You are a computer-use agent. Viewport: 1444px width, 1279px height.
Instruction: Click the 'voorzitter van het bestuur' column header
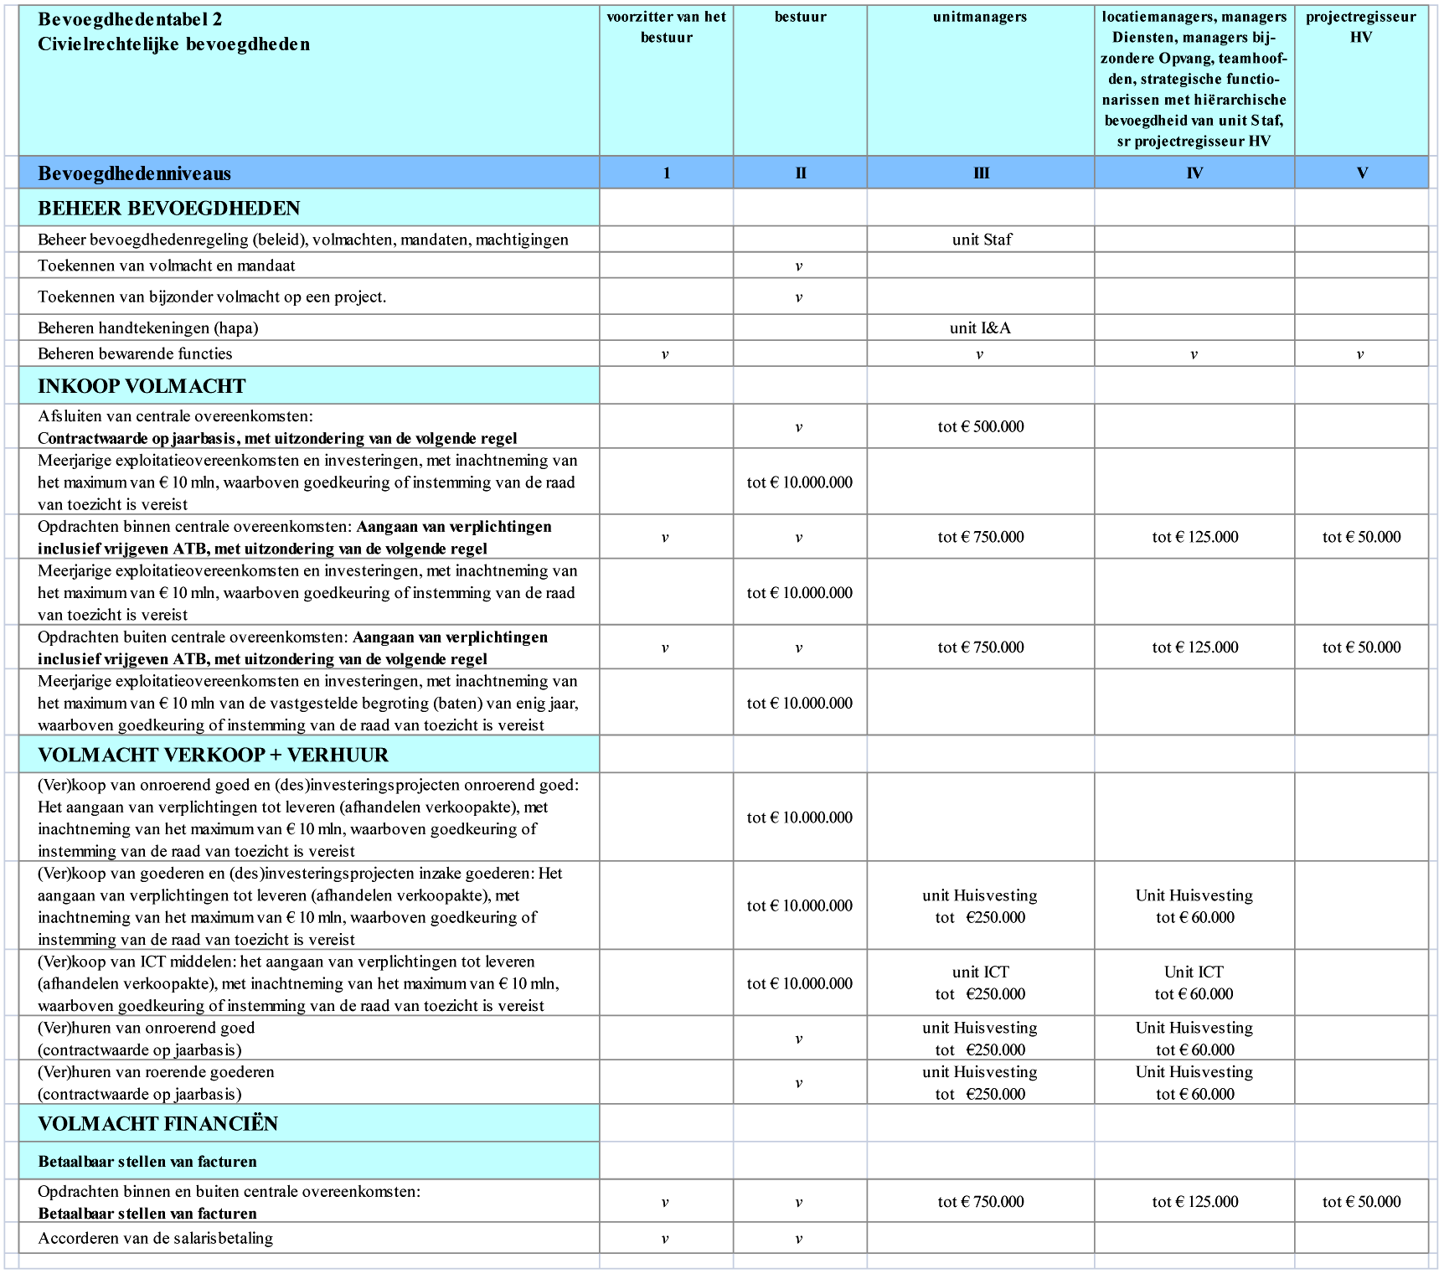pyautogui.click(x=666, y=27)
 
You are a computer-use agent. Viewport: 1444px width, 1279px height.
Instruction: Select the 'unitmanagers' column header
pyautogui.click(x=979, y=17)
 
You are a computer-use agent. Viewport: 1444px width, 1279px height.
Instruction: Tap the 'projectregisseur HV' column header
pyautogui.click(x=1360, y=27)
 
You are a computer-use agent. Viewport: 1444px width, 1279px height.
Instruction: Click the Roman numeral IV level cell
pyautogui.click(x=1194, y=173)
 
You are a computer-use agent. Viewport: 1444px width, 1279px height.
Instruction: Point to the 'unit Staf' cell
pyautogui.click(x=981, y=240)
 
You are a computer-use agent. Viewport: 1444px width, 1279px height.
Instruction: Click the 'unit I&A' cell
pyautogui.click(x=980, y=328)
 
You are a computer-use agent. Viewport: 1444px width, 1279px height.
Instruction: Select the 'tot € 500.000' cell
pyautogui.click(x=980, y=427)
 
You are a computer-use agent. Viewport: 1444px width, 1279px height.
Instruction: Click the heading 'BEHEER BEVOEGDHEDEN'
pyautogui.click(x=168, y=209)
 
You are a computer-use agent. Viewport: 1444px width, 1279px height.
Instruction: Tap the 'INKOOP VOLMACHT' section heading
pyautogui.click(x=142, y=386)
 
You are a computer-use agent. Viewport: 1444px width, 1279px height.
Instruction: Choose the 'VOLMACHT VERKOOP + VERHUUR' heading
pyautogui.click(x=213, y=756)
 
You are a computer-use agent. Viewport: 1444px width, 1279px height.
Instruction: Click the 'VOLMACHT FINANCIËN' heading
pyautogui.click(x=157, y=1124)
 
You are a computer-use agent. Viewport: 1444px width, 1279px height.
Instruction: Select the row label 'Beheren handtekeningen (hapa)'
pyautogui.click(x=147, y=328)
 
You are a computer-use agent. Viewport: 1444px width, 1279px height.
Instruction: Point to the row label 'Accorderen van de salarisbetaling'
pyautogui.click(x=155, y=1239)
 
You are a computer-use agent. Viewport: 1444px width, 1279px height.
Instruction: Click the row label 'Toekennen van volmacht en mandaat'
pyautogui.click(x=166, y=266)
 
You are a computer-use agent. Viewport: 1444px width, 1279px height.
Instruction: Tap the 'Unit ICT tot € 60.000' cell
pyautogui.click(x=1194, y=983)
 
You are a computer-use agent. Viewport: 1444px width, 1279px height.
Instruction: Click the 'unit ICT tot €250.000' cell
pyautogui.click(x=980, y=983)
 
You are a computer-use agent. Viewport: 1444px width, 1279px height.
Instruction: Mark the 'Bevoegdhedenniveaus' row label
pyautogui.click(x=134, y=173)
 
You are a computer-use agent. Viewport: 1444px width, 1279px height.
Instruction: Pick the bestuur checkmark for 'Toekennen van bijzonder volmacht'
pyautogui.click(x=799, y=297)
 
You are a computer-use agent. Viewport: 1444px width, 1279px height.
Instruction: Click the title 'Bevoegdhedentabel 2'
pyautogui.click(x=130, y=19)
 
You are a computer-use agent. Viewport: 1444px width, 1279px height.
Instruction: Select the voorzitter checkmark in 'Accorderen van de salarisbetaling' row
pyautogui.click(x=665, y=1240)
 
